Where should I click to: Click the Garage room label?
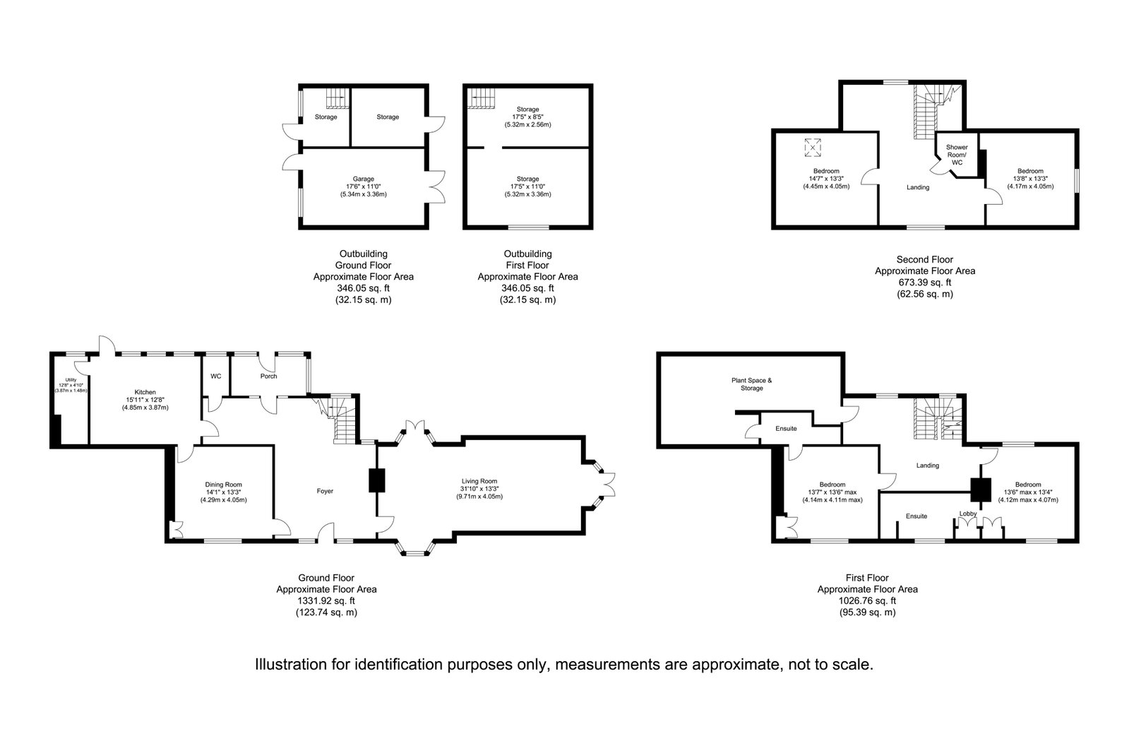coord(363,179)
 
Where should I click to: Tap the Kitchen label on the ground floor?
coord(145,392)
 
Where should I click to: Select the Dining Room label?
coord(223,485)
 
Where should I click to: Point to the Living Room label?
coord(479,481)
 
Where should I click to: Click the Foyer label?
coord(325,491)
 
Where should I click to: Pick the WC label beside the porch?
coord(216,376)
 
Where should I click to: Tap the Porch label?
coord(268,376)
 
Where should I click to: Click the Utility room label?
coord(71,380)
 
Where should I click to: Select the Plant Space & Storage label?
coord(751,384)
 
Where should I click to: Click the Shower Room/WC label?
coord(957,155)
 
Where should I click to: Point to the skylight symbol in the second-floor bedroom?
coord(813,147)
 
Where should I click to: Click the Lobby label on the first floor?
coord(968,514)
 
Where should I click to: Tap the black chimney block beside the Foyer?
coord(377,480)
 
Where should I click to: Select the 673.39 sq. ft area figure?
coord(925,283)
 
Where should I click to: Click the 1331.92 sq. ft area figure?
coord(326,600)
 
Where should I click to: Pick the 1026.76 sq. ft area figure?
coord(868,600)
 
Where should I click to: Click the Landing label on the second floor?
coord(918,187)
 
